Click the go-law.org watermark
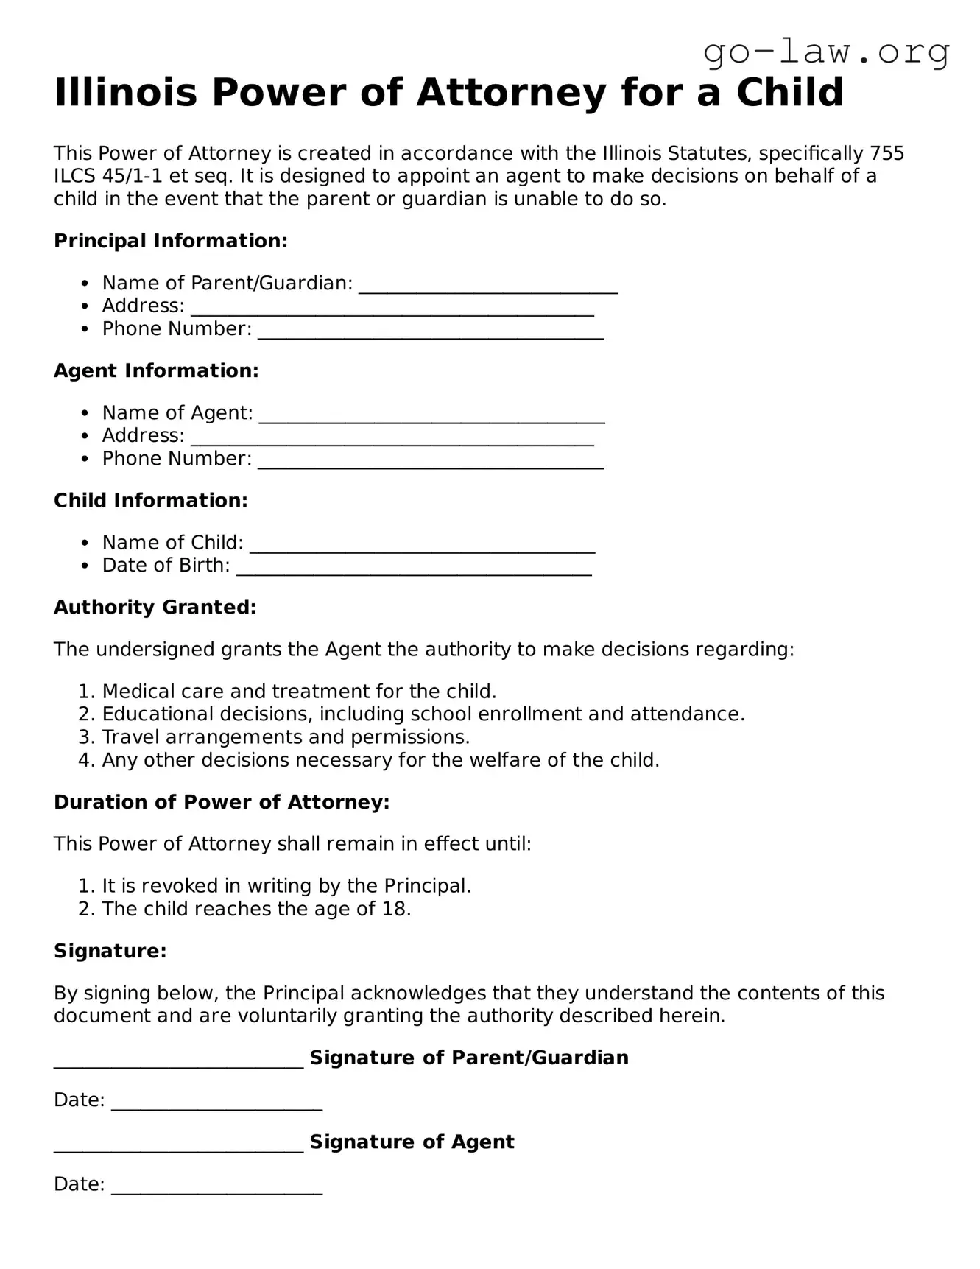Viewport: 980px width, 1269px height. [x=826, y=52]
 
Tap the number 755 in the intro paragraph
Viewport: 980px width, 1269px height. [x=886, y=153]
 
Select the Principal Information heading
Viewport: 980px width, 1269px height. [x=170, y=241]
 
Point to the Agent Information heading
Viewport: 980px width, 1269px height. [x=156, y=370]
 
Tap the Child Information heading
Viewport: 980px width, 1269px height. [x=151, y=500]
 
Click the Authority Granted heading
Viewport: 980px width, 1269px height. [x=155, y=607]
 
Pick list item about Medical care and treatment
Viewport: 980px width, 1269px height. [x=299, y=691]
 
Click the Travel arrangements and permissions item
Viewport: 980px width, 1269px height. [x=286, y=737]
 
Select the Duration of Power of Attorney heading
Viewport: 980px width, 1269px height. [x=222, y=801]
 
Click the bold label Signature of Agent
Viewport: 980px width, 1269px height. [x=412, y=1142]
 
